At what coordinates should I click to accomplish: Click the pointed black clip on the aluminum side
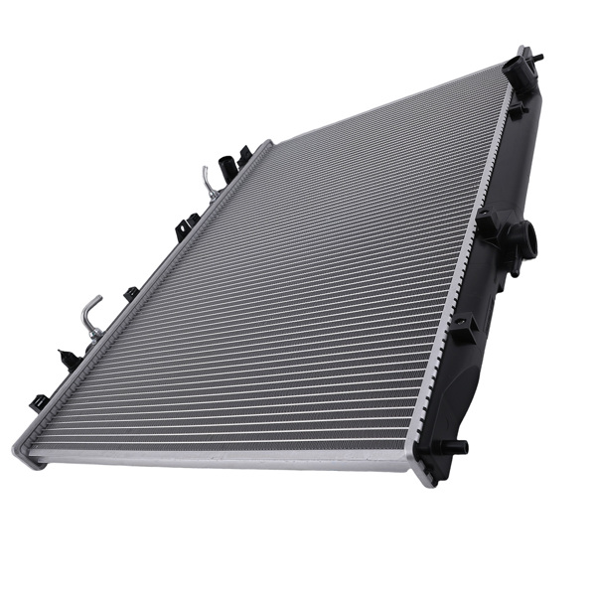[70, 359]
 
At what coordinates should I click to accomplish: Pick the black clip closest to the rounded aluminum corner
[40, 401]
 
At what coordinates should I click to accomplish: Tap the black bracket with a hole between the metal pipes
[187, 228]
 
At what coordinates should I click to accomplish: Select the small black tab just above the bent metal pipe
[131, 293]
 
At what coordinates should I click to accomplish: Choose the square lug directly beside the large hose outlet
[487, 224]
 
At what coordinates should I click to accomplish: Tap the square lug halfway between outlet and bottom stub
[464, 331]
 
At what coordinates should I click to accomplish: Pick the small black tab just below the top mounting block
[516, 110]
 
